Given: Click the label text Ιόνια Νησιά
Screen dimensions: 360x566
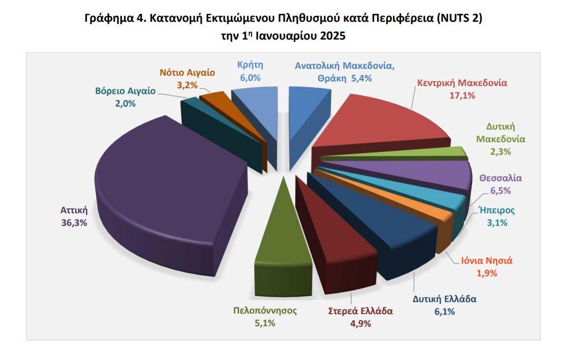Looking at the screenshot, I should click(487, 259).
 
